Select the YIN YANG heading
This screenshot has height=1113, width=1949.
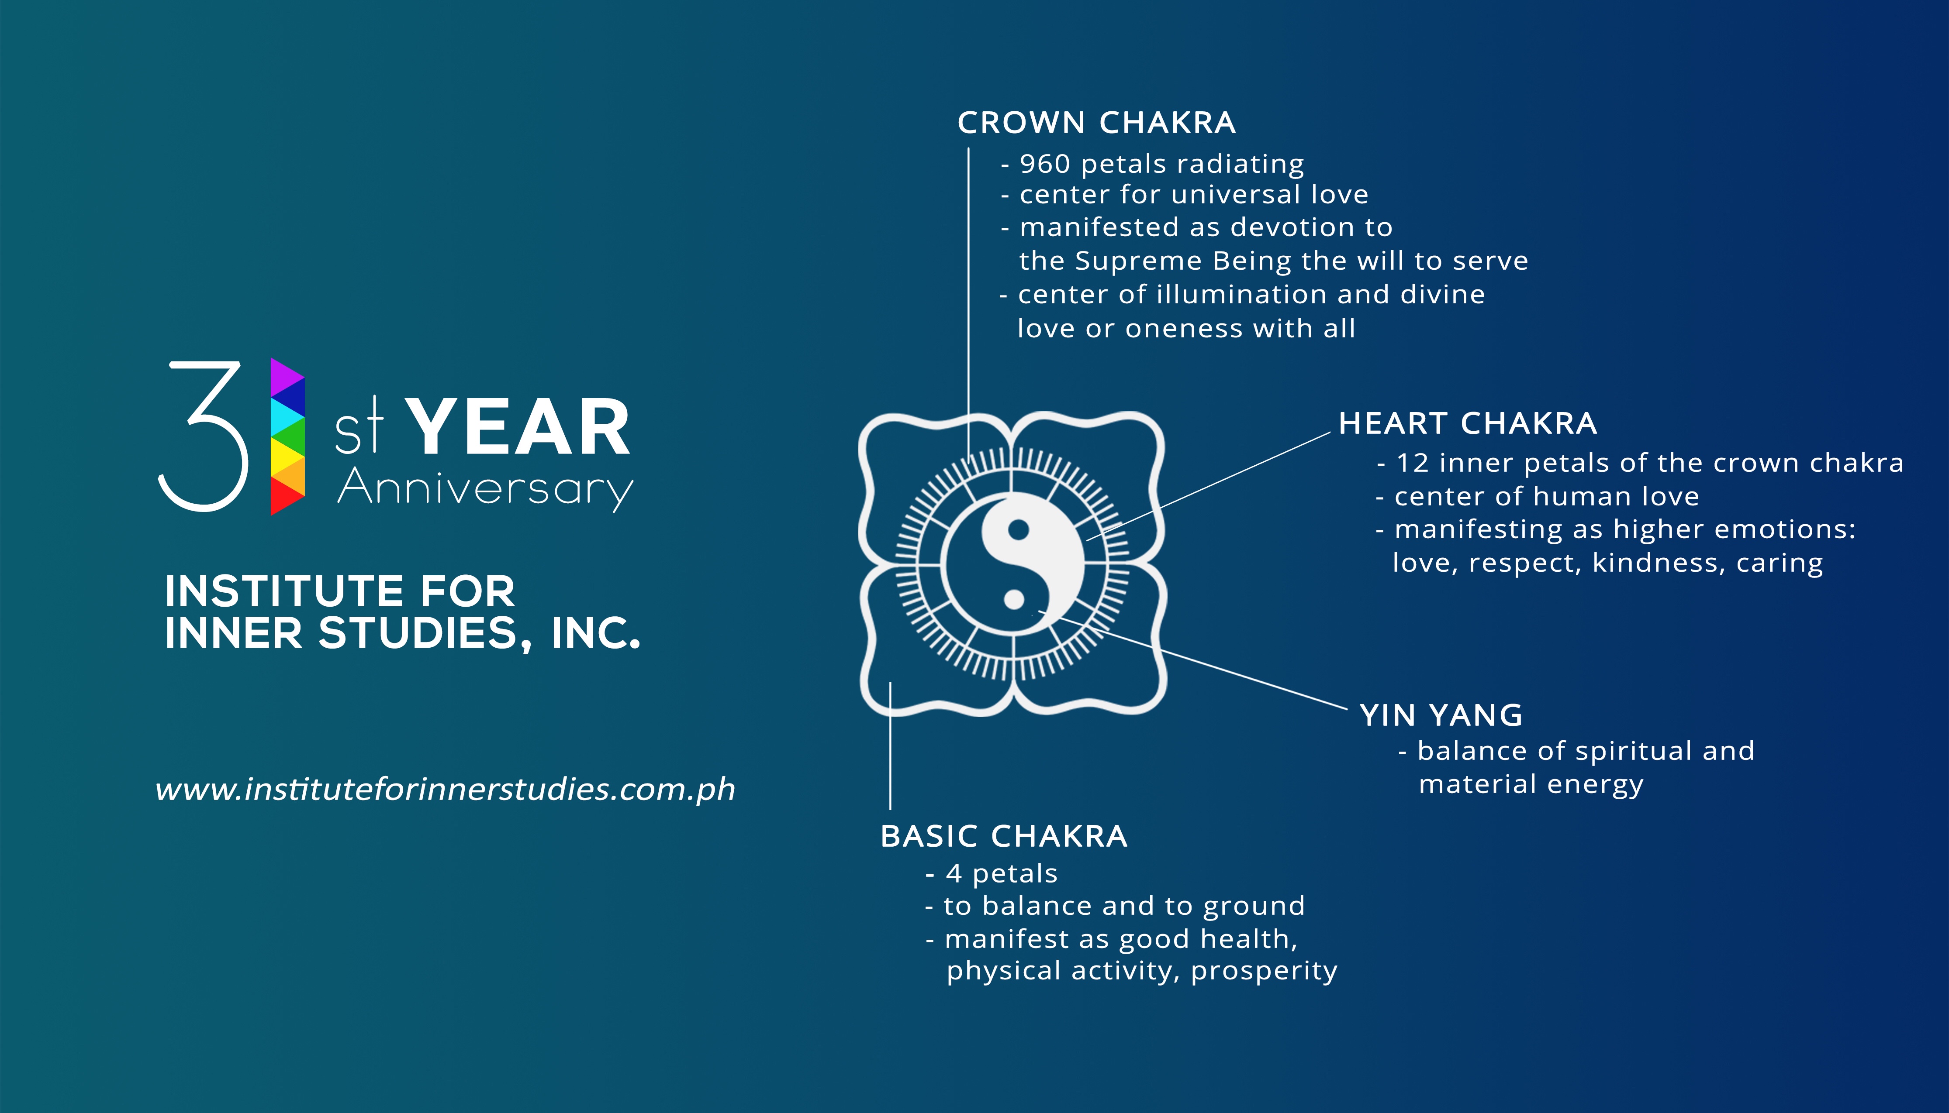pyautogui.click(x=1441, y=715)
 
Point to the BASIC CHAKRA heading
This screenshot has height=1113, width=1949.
pyautogui.click(x=1004, y=836)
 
